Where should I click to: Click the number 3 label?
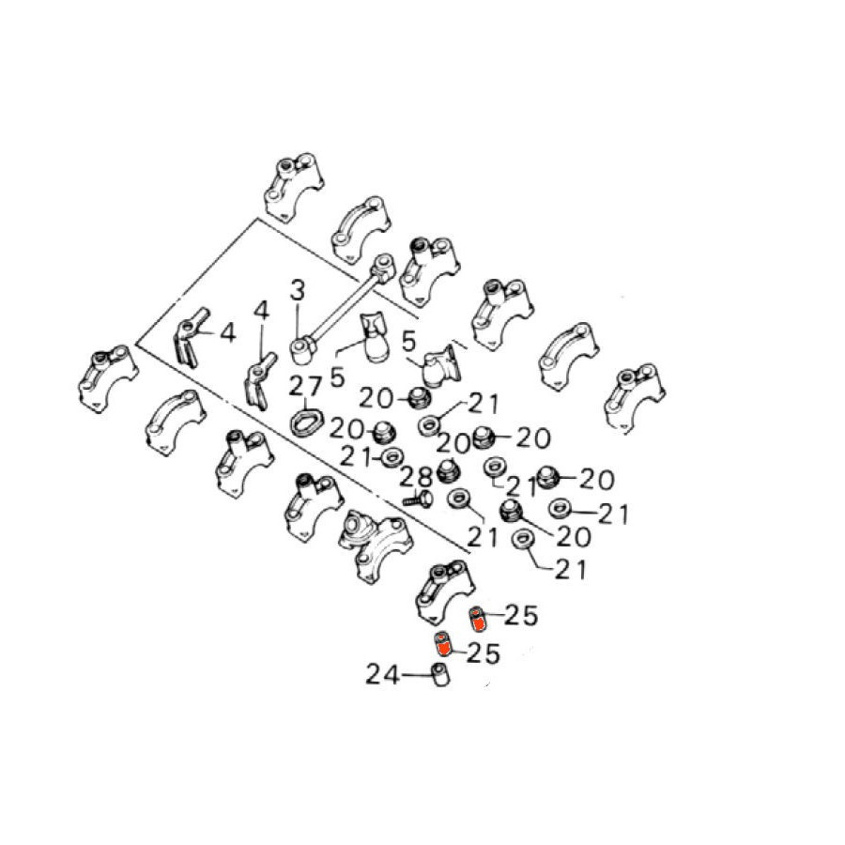pyautogui.click(x=297, y=292)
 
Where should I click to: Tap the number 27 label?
pyautogui.click(x=305, y=386)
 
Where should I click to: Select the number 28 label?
pyautogui.click(x=417, y=478)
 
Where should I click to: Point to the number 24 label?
pyautogui.click(x=383, y=674)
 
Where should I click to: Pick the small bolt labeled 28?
pyautogui.click(x=419, y=499)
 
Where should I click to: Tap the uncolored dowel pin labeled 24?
pyautogui.click(x=441, y=675)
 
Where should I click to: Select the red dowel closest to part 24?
pyautogui.click(x=443, y=643)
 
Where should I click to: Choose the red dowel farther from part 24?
pyautogui.click(x=477, y=618)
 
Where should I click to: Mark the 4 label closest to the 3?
pyautogui.click(x=262, y=311)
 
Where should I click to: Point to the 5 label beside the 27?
pyautogui.click(x=337, y=376)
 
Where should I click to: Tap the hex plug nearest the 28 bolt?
pyautogui.click(x=446, y=471)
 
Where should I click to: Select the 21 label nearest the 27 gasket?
pyautogui.click(x=356, y=458)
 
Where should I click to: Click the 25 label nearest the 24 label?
pyautogui.click(x=483, y=653)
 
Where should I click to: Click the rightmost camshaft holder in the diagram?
pyautogui.click(x=635, y=398)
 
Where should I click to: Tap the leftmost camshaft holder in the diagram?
pyautogui.click(x=108, y=378)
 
